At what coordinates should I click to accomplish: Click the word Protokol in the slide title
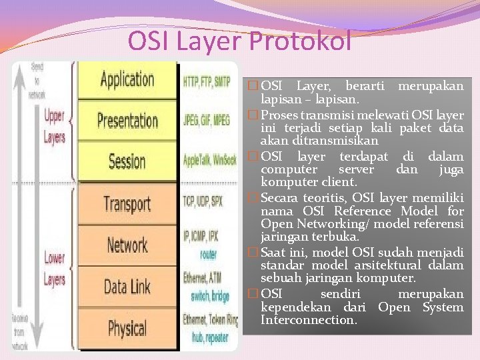click(300, 41)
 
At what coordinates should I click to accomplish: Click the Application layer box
click(128, 80)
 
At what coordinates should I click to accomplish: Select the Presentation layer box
click(128, 121)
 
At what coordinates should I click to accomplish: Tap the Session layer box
click(128, 161)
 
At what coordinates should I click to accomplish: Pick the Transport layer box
click(128, 203)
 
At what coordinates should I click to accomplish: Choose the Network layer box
click(128, 245)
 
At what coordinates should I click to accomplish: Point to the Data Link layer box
click(128, 287)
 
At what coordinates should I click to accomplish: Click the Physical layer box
click(128, 328)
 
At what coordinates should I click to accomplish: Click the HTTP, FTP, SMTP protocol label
click(207, 82)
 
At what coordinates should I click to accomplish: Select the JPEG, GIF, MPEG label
click(207, 123)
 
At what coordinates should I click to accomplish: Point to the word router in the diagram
click(208, 255)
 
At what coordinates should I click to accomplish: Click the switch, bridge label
click(210, 296)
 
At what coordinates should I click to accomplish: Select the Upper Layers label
click(55, 127)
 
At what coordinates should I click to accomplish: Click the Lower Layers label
click(55, 268)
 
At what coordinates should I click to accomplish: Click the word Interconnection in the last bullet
click(309, 321)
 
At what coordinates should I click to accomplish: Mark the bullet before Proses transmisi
click(251, 115)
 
